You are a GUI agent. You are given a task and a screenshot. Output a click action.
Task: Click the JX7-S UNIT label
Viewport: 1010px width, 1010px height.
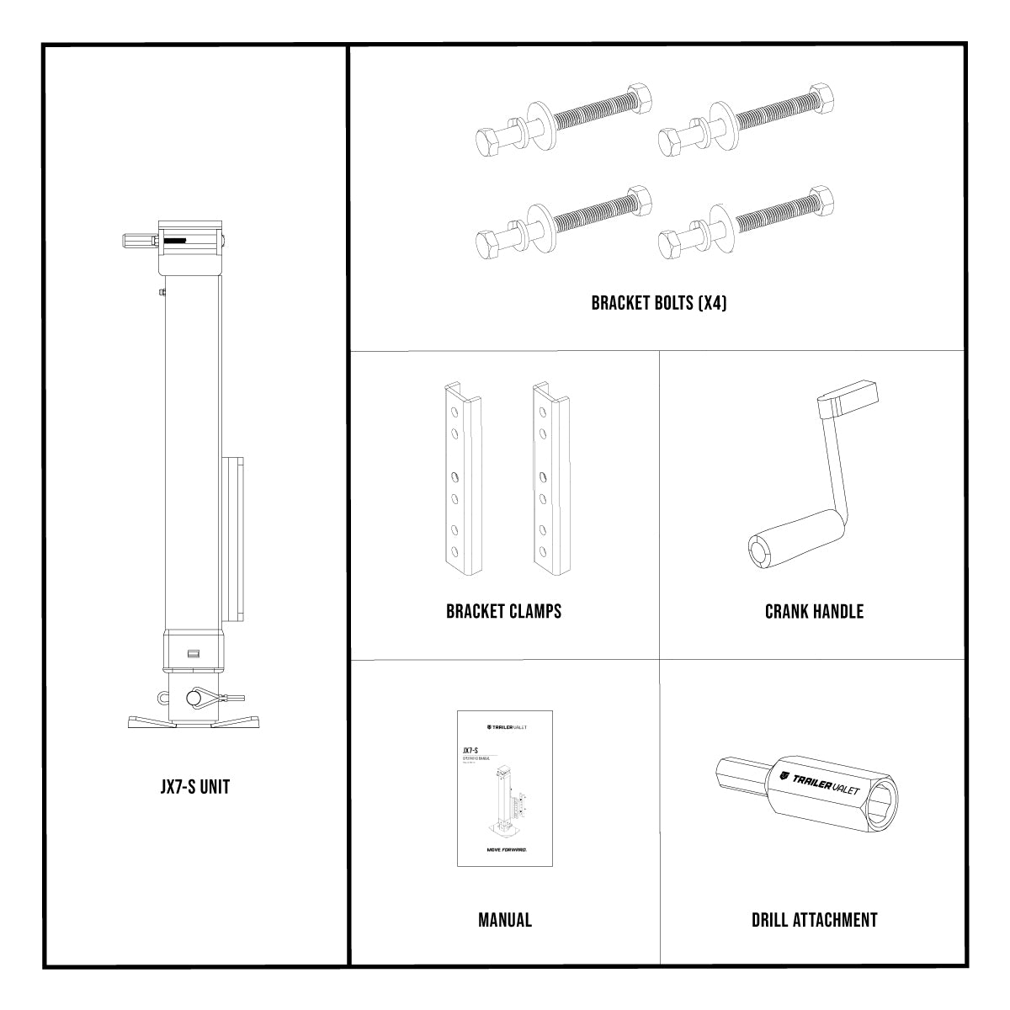tap(194, 787)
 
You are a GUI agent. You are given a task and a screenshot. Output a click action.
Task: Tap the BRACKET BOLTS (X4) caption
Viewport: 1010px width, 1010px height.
tap(658, 303)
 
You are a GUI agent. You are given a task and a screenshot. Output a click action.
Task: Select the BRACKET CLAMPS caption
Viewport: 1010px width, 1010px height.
tap(503, 611)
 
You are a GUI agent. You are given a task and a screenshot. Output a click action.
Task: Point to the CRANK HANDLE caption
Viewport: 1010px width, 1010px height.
tap(814, 611)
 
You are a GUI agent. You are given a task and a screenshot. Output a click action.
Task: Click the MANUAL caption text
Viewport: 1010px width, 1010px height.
tap(505, 920)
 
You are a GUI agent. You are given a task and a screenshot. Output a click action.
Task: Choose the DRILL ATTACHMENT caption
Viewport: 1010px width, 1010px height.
tap(814, 920)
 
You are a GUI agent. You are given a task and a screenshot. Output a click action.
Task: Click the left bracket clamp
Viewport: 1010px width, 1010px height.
tap(461, 480)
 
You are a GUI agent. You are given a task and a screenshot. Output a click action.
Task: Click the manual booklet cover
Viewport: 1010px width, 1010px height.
tap(505, 788)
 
